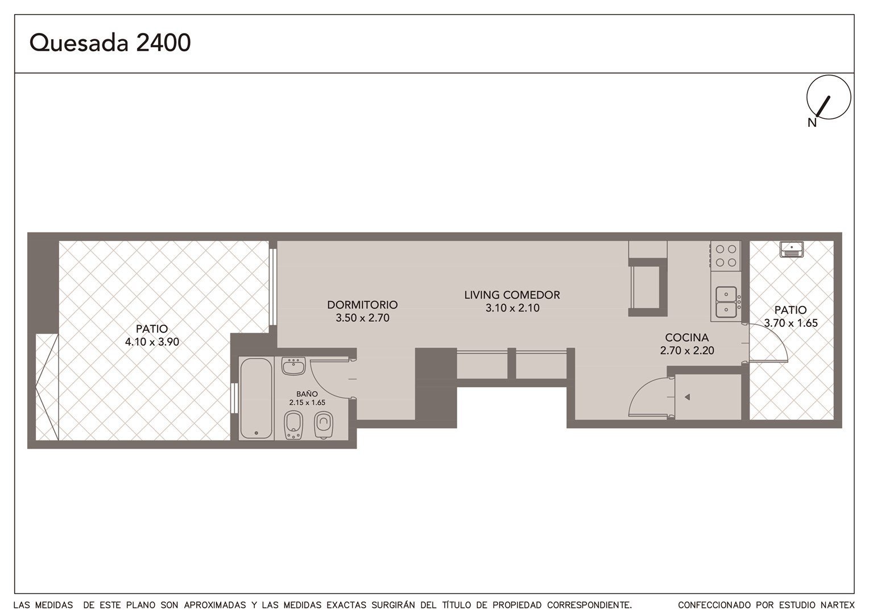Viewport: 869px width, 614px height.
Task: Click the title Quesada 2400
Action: click(x=110, y=43)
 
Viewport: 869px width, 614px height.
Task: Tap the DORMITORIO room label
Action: click(x=362, y=305)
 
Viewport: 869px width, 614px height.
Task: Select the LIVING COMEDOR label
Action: click(x=512, y=295)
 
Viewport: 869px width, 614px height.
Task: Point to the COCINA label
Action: click(x=686, y=338)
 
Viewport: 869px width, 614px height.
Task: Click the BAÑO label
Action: click(x=307, y=393)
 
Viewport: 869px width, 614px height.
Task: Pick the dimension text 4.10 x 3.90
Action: click(x=152, y=342)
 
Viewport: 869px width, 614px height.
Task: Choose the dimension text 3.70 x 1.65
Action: click(x=791, y=323)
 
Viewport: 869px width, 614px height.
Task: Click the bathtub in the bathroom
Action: click(x=256, y=399)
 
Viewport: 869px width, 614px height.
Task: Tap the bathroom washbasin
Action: click(x=293, y=366)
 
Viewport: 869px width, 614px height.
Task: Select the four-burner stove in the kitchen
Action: click(x=726, y=255)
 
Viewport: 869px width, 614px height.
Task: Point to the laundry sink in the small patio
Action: click(x=792, y=250)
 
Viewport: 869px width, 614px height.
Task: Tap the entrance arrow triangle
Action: click(x=687, y=397)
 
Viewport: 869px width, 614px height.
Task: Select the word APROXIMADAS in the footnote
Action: click(x=215, y=605)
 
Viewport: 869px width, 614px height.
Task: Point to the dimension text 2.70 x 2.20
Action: click(x=687, y=350)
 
